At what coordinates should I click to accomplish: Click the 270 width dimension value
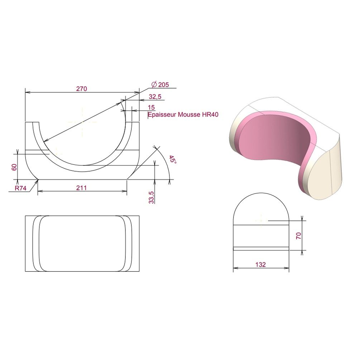point(82,89)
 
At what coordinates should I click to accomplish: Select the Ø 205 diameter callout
point(160,85)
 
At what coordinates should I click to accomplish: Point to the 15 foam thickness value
point(151,107)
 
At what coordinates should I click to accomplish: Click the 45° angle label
point(173,160)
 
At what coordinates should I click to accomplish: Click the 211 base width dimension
point(82,187)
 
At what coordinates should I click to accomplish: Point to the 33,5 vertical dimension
point(152,197)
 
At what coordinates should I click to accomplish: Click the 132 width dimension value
point(260,265)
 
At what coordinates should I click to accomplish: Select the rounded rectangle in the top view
point(82,244)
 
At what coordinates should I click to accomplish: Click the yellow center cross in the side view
point(261,220)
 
